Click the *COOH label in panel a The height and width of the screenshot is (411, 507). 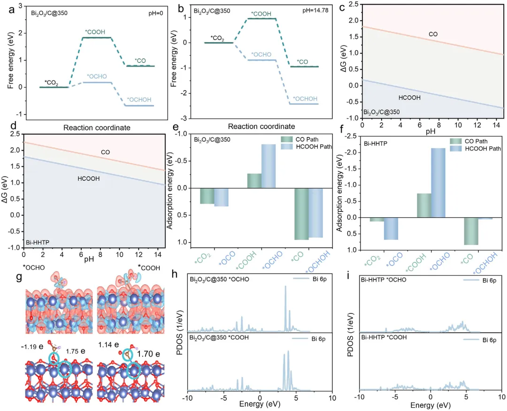94,32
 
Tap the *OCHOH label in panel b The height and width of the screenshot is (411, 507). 305,99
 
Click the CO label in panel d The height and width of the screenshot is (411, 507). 105,152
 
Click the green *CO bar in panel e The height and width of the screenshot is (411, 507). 301,213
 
